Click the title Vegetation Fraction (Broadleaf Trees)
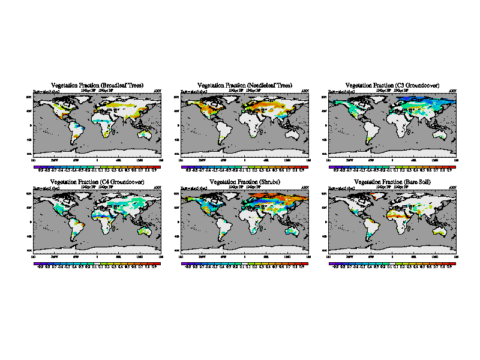97,86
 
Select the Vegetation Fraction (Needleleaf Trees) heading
245,86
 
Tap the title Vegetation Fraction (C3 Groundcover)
393,86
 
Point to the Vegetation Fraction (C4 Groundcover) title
97,181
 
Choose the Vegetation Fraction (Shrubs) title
245,181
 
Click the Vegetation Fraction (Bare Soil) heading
393,181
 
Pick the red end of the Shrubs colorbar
305,264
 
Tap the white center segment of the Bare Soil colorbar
393,264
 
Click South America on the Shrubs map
224,228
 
